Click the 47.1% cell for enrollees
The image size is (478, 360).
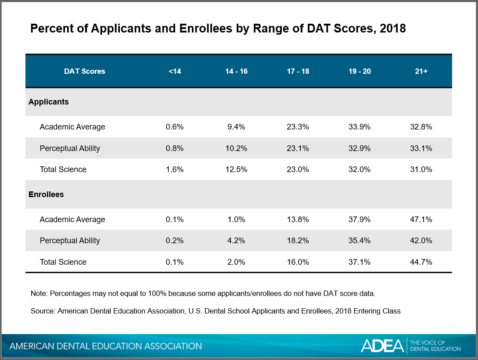[421, 220]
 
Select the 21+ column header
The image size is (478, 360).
[421, 71]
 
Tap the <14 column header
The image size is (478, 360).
[174, 71]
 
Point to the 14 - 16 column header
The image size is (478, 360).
[236, 71]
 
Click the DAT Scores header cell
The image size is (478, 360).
[85, 71]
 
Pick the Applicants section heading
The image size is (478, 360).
[49, 102]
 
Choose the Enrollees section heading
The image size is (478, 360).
[47, 194]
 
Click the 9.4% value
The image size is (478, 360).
[236, 127]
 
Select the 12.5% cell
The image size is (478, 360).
[236, 169]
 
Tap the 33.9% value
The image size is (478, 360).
[359, 127]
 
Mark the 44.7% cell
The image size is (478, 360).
[421, 262]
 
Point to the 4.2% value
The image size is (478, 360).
[236, 241]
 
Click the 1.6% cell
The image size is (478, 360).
[174, 169]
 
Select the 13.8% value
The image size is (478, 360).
[298, 220]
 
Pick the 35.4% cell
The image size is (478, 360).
[359, 241]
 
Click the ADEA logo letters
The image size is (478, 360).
[382, 346]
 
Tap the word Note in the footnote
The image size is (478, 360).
[38, 293]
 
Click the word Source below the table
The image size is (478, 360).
[43, 311]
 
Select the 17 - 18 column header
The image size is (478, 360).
[298, 71]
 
